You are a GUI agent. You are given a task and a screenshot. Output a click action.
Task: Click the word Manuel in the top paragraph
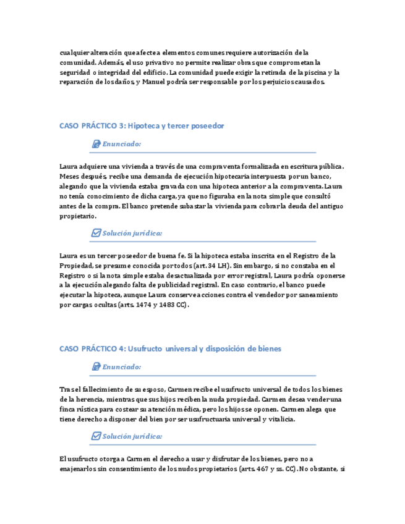coord(155,82)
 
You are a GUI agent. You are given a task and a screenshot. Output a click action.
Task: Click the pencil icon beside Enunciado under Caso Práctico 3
coord(96,144)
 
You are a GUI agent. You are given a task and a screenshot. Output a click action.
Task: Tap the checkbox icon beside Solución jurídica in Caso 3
coord(96,234)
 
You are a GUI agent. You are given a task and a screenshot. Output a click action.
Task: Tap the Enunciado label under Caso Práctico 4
coord(121,367)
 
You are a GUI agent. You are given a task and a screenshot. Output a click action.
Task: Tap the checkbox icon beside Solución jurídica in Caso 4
coord(96,436)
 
